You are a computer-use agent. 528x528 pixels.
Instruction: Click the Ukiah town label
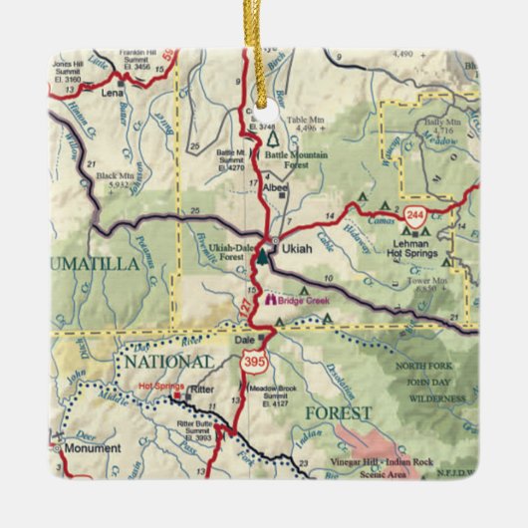(296, 248)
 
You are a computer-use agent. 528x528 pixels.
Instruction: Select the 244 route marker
(415, 213)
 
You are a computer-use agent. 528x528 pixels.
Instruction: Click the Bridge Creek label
(304, 298)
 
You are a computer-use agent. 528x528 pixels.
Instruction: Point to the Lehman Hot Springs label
(414, 240)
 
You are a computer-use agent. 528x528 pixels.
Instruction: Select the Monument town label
(92, 450)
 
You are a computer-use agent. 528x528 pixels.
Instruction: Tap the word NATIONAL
(167, 361)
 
